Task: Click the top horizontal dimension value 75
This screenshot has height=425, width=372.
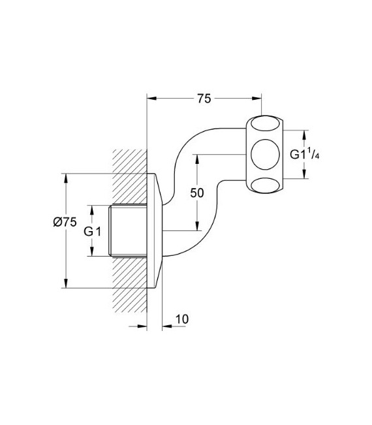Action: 204,99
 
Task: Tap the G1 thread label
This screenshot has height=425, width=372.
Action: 92,230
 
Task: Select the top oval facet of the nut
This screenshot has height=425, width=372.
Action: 266,124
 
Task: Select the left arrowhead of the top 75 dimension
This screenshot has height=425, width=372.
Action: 151,99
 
